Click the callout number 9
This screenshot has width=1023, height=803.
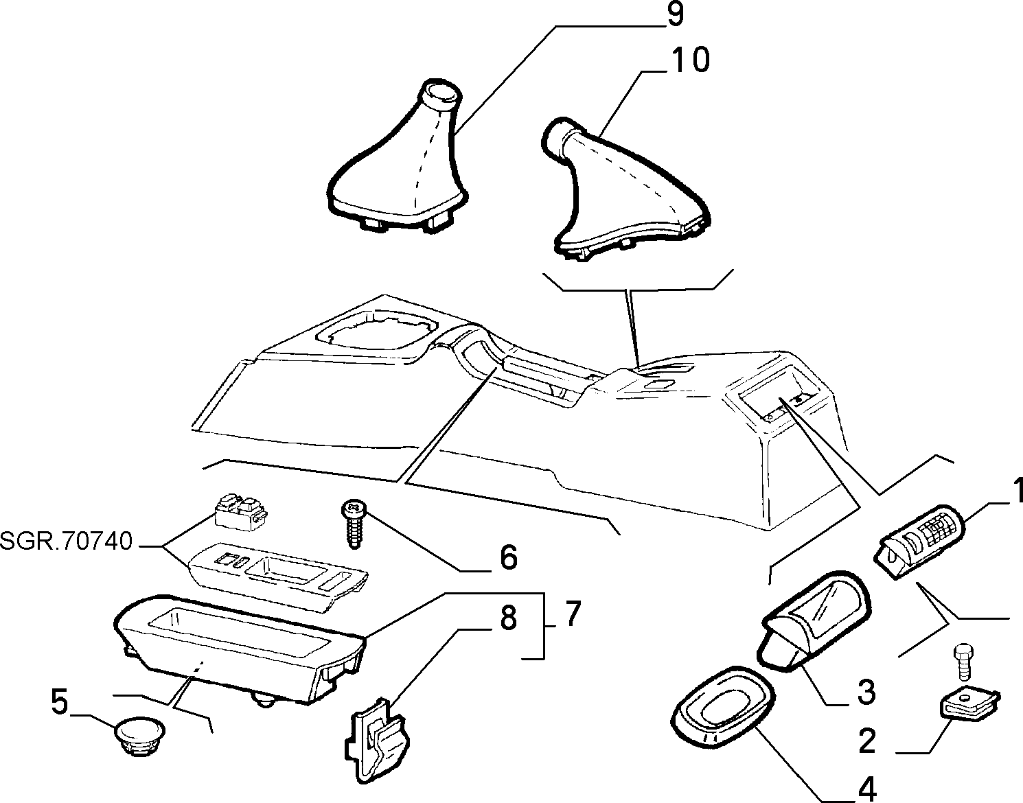tap(674, 14)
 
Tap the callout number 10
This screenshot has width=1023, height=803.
tap(690, 60)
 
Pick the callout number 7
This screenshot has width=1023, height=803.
tap(571, 613)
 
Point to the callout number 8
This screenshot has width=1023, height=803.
tap(509, 618)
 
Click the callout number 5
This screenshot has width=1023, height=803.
tap(60, 702)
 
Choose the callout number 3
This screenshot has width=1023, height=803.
tap(866, 693)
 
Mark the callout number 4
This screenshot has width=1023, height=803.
tap(866, 789)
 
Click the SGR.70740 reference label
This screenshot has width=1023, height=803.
tap(66, 541)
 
